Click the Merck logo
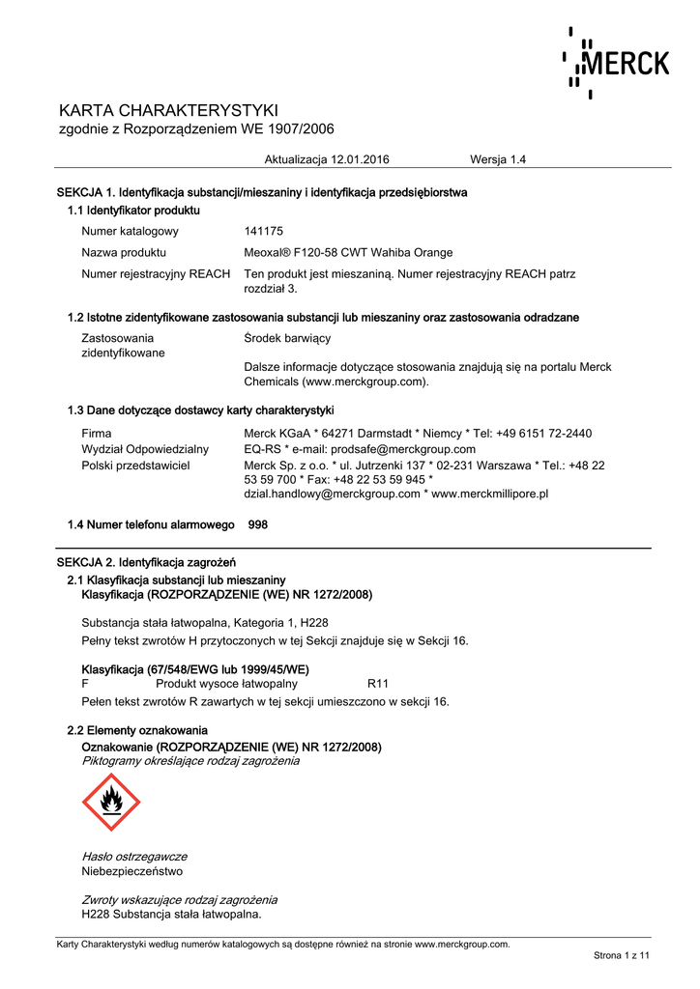click(x=615, y=64)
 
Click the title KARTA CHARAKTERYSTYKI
click(x=168, y=109)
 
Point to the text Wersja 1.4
click(x=497, y=159)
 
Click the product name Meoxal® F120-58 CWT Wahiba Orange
click(x=348, y=252)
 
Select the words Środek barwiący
click(x=287, y=338)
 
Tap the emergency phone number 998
click(x=258, y=524)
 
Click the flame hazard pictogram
click(x=111, y=802)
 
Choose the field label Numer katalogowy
click(x=130, y=231)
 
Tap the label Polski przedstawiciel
click(x=135, y=465)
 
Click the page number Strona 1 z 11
click(x=621, y=955)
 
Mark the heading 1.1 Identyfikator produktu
click(x=133, y=210)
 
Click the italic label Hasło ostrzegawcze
click(x=134, y=857)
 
